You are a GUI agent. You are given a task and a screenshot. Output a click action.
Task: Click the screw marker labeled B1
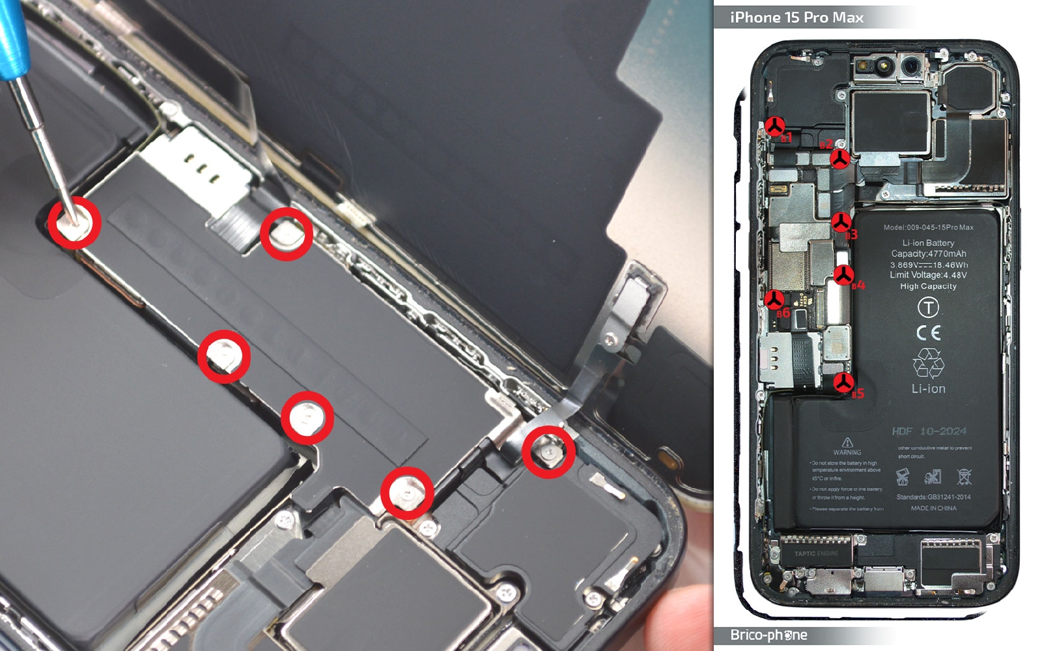pos(774,126)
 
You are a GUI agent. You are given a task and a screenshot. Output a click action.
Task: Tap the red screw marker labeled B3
pos(841,222)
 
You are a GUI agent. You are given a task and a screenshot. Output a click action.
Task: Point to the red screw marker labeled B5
pos(843,383)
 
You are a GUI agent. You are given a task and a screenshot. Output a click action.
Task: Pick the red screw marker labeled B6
pos(774,300)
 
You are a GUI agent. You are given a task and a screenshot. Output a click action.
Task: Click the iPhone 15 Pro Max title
pos(796,18)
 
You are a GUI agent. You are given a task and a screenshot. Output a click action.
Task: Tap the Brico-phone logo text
pos(768,635)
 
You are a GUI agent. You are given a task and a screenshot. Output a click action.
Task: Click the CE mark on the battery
pos(928,333)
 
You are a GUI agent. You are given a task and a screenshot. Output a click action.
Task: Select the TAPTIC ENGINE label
pos(816,553)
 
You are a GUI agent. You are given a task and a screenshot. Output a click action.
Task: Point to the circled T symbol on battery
pos(928,306)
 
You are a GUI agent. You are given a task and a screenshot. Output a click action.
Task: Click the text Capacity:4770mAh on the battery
pos(929,253)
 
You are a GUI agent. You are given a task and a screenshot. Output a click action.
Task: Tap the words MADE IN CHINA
pos(933,508)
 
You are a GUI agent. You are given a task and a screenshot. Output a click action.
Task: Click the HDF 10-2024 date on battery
pos(929,431)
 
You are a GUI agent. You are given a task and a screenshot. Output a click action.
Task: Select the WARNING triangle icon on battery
pos(847,442)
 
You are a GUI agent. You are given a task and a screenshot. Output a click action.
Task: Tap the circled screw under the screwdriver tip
pos(74,223)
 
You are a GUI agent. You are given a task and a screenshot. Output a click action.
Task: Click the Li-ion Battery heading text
pos(928,242)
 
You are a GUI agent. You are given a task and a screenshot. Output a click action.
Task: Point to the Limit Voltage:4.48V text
pos(928,275)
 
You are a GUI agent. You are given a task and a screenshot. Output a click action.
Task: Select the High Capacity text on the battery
pos(928,286)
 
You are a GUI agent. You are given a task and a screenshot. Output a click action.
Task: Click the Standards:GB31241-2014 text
pos(933,497)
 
